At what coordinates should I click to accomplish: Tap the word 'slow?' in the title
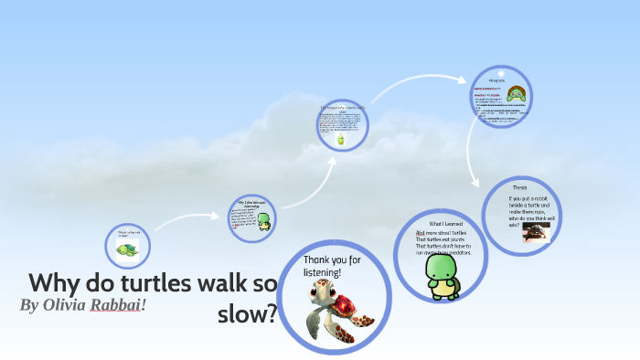tap(247, 313)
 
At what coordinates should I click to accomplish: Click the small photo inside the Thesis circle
tap(534, 234)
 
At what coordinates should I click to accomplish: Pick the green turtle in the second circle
tap(264, 220)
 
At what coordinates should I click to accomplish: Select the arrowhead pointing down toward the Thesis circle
tap(475, 183)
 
